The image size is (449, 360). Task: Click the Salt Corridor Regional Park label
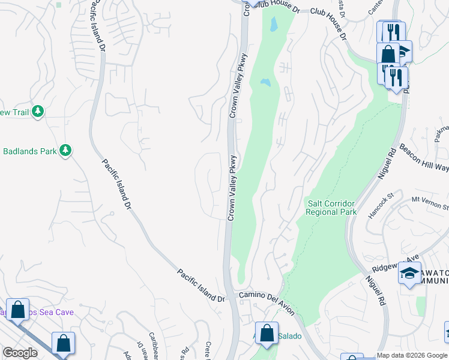point(331,207)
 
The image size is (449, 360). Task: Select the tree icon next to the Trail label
point(38,111)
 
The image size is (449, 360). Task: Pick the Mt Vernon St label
point(430,202)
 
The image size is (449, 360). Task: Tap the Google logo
point(20,353)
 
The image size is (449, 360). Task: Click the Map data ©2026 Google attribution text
point(412,356)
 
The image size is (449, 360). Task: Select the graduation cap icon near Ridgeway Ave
point(410,273)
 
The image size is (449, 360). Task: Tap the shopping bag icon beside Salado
point(267,332)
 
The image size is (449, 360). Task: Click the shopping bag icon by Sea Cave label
point(18,310)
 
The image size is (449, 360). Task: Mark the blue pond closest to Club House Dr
point(274,24)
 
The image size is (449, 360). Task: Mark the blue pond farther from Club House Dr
point(265,82)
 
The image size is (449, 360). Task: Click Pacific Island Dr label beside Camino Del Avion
point(200,285)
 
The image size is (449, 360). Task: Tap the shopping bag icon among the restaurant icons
point(388,53)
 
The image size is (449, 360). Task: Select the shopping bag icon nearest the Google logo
point(63,343)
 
